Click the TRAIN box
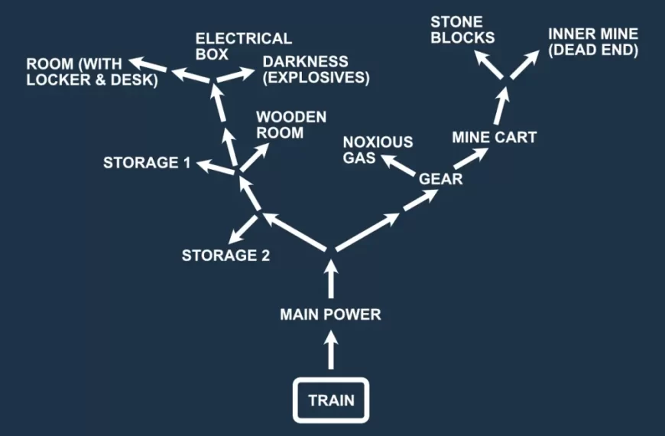pos(331,400)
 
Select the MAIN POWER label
pos(330,314)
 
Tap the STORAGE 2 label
pos(225,255)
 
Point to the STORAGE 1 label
pos(147,162)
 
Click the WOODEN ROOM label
pos(290,125)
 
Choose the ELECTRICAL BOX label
pos(243,46)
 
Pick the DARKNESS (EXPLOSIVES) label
pos(316,70)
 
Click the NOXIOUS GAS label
pos(378,149)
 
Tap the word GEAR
pos(441,179)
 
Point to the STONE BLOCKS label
pos(462,28)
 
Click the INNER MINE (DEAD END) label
pos(592,43)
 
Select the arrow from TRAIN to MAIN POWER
pos(331,353)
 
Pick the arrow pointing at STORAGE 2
pos(245,228)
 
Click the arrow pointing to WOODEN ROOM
pos(253,157)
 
